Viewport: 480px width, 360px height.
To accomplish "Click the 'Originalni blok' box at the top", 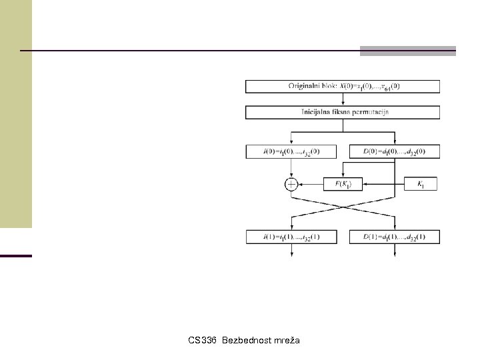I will coord(343,86).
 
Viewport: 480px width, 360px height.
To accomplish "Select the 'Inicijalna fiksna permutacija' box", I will coord(343,112).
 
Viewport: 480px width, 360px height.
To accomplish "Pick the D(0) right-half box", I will coord(394,151).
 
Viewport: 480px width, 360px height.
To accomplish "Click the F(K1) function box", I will coord(343,184).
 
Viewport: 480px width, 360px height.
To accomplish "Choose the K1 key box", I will coord(420,184).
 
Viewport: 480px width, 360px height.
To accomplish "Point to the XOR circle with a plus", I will coord(291,184).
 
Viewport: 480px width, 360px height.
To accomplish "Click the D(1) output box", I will coord(394,237).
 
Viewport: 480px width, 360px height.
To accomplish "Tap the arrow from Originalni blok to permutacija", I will coord(343,99).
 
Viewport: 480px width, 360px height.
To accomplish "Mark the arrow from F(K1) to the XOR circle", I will coord(310,184).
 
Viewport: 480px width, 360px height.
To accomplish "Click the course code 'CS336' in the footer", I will coord(202,341).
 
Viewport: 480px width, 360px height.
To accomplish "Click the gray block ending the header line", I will coord(408,51).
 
